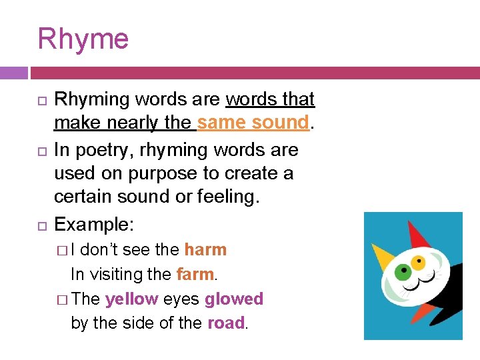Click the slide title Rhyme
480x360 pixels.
pos(83,39)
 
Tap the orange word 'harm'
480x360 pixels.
pos(205,249)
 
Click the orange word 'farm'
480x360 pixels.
pos(195,274)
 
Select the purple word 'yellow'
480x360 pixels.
pos(131,299)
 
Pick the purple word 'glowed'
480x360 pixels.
pos(234,299)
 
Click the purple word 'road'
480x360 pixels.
pos(226,323)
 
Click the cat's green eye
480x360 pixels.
pos(401,272)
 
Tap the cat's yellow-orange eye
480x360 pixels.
pos(418,260)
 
